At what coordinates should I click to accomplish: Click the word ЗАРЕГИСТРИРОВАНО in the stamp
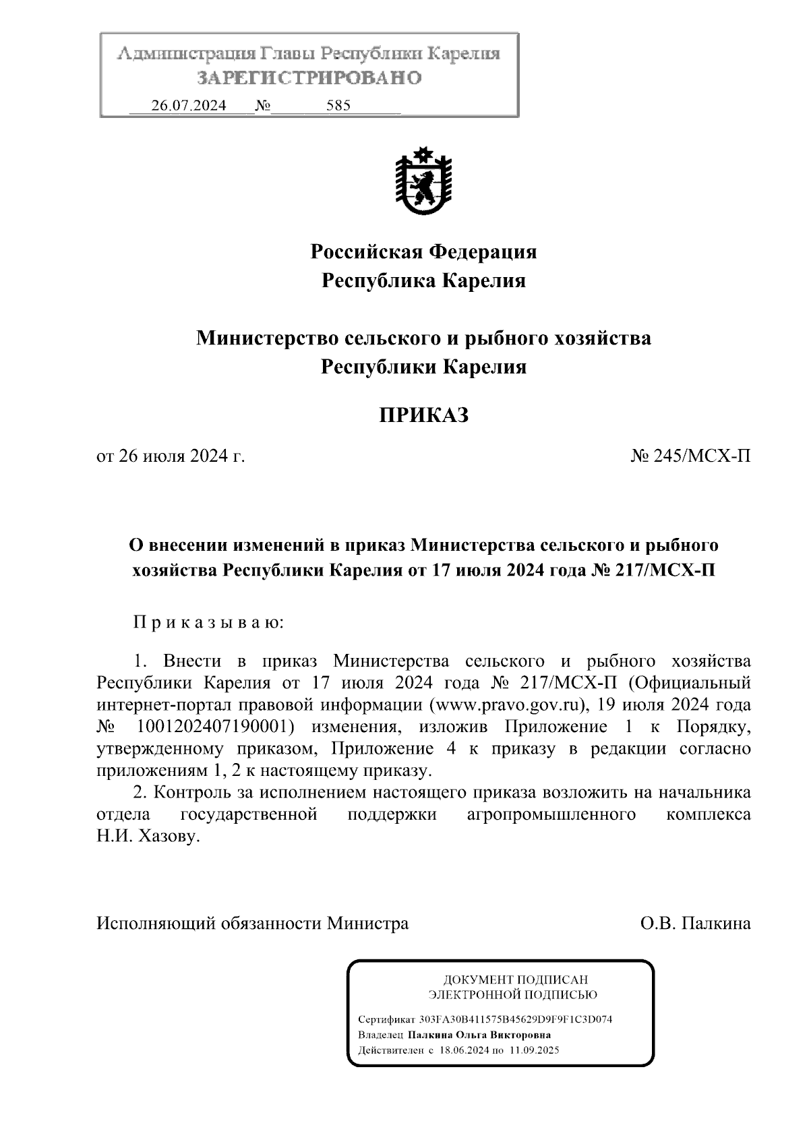[309, 78]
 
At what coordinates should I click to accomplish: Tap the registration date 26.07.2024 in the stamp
[189, 106]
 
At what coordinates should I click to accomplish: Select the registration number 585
[338, 106]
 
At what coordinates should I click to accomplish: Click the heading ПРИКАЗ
[423, 416]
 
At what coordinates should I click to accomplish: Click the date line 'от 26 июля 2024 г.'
[171, 456]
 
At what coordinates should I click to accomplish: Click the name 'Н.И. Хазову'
[149, 837]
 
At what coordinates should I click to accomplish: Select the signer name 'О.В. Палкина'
[696, 923]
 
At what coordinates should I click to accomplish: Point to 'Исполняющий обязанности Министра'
[252, 923]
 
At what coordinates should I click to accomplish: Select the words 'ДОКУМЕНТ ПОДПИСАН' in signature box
[514, 980]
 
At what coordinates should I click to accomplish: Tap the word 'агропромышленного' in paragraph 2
[551, 814]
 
